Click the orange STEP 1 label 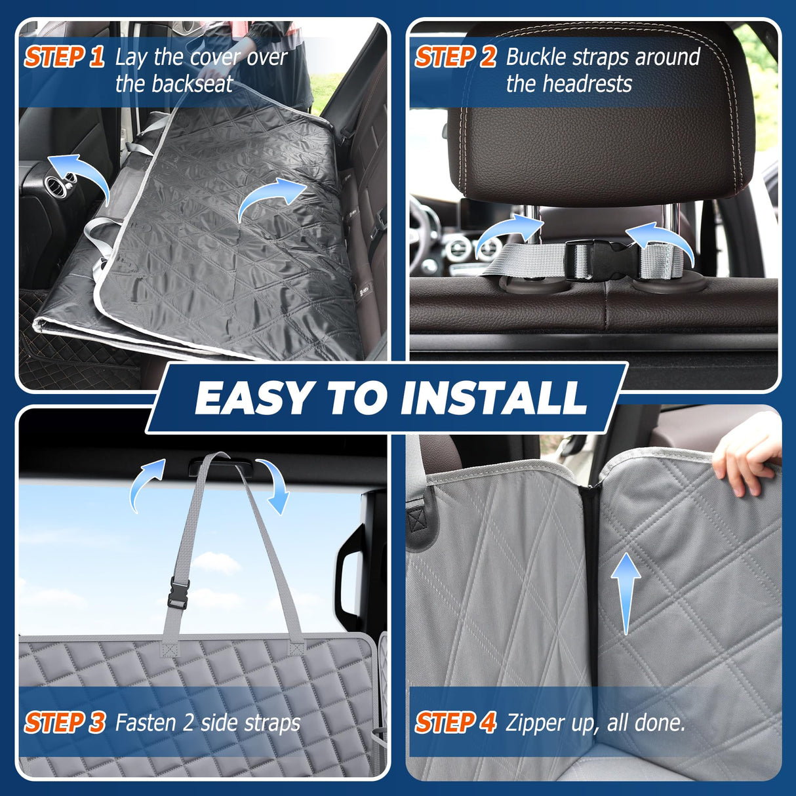(64, 57)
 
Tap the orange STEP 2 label (455, 57)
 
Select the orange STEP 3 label (64, 723)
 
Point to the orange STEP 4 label (455, 723)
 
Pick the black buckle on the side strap (179, 591)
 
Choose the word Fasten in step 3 (146, 723)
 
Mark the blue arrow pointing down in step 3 (276, 486)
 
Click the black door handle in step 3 (351, 577)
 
